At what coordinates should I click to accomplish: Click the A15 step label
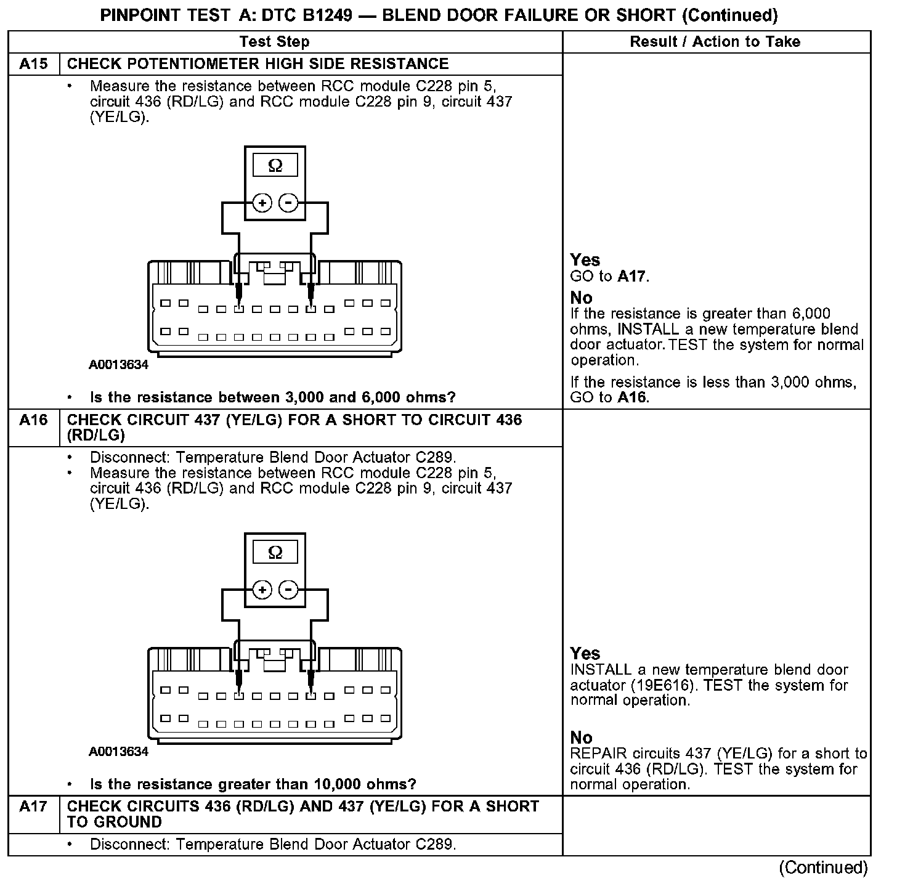pyautogui.click(x=33, y=64)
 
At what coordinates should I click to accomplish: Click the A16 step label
pyautogui.click(x=33, y=420)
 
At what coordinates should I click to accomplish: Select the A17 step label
pyautogui.click(x=33, y=807)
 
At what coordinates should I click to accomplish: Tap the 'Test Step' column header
pyautogui.click(x=274, y=42)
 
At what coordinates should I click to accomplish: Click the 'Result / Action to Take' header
pyautogui.click(x=715, y=42)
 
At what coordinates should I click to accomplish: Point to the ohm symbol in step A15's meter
pyautogui.click(x=275, y=166)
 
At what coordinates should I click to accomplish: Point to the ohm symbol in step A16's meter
pyautogui.click(x=275, y=553)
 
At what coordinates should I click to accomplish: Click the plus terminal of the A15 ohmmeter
pyautogui.click(x=262, y=203)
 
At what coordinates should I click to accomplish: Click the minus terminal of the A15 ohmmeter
pyautogui.click(x=288, y=203)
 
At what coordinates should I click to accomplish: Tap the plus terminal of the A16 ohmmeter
pyautogui.click(x=262, y=590)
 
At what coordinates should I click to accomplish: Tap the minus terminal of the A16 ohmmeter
pyautogui.click(x=288, y=590)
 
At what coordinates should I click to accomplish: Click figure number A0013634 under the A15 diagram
pyautogui.click(x=118, y=365)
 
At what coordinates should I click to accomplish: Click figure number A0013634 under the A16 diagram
pyautogui.click(x=118, y=752)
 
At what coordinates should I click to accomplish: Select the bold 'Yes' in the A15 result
pyautogui.click(x=585, y=260)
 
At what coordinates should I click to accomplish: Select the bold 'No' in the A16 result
pyautogui.click(x=581, y=738)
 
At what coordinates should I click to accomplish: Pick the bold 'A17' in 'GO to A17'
pyautogui.click(x=632, y=276)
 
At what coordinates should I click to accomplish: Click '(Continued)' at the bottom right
pyautogui.click(x=823, y=868)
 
